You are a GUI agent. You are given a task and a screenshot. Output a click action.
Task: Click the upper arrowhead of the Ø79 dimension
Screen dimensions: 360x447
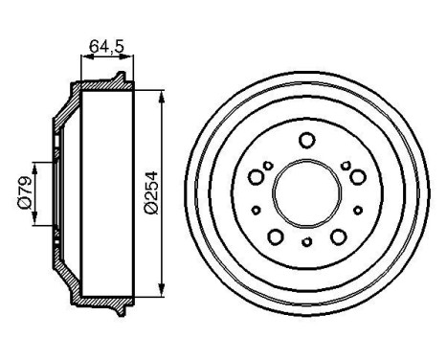tap(36, 159)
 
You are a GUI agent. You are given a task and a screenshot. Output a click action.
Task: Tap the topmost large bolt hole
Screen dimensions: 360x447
tap(306, 141)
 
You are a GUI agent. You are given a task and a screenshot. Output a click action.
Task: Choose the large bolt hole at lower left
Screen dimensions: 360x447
tap(275, 236)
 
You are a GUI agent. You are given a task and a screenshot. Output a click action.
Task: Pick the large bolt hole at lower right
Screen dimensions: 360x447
tap(337, 236)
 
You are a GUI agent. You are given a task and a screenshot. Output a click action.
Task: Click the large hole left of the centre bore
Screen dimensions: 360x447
tap(256, 176)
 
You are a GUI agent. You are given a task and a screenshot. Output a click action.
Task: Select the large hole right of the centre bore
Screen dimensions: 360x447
tap(356, 176)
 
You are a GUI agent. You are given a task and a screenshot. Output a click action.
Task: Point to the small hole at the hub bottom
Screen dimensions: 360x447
tap(306, 242)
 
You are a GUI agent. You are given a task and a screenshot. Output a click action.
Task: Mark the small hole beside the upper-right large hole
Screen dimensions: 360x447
tap(346, 166)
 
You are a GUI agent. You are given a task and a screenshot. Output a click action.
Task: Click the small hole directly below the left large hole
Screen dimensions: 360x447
tap(256, 208)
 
